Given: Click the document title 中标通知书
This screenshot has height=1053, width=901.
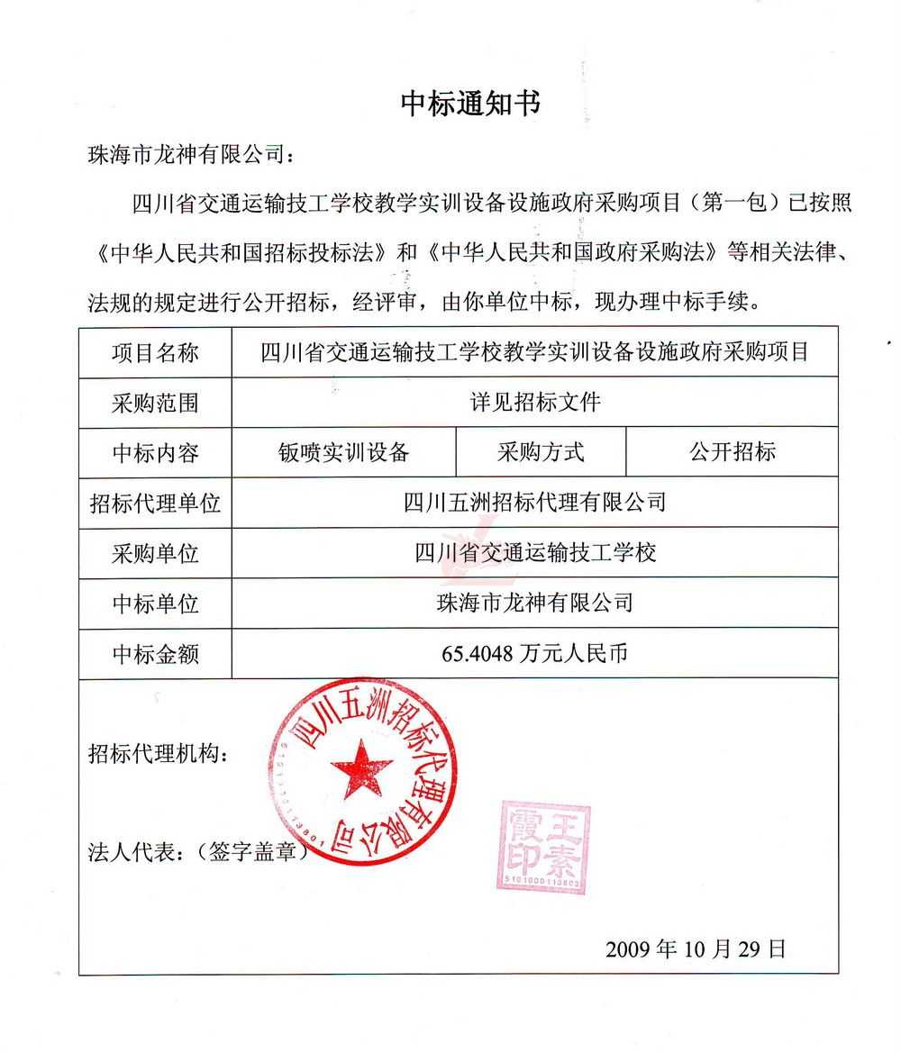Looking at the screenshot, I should [x=470, y=104].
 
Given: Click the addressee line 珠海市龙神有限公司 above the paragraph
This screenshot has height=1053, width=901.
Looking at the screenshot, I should [x=189, y=154].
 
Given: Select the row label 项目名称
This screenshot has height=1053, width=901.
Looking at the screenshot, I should [x=155, y=352].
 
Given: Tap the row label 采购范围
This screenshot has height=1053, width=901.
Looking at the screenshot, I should [x=155, y=403].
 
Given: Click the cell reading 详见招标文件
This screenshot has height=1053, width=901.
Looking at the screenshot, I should [x=534, y=403].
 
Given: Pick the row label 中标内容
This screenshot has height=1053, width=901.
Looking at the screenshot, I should [x=155, y=452].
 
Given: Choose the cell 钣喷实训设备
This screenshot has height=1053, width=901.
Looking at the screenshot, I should [x=344, y=452].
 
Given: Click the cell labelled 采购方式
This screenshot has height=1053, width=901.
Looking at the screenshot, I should [x=541, y=452].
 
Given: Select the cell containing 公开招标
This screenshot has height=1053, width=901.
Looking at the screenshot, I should [x=732, y=452].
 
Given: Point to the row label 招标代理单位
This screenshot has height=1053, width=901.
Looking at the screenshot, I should [x=155, y=503].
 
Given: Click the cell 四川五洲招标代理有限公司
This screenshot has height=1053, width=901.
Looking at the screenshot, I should [x=534, y=503].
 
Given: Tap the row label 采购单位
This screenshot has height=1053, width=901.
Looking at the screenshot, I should [x=155, y=552].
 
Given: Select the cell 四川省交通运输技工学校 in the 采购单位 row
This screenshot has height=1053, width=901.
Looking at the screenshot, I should [x=534, y=552].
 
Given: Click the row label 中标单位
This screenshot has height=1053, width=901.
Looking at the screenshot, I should [x=155, y=603].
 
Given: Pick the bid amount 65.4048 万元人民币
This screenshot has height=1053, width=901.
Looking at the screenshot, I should [x=534, y=653].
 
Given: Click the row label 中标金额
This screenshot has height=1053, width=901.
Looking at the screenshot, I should [x=155, y=653].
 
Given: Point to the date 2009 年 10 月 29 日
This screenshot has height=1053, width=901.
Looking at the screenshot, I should [x=696, y=949].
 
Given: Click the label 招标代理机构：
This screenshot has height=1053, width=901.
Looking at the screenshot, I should [x=159, y=753].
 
